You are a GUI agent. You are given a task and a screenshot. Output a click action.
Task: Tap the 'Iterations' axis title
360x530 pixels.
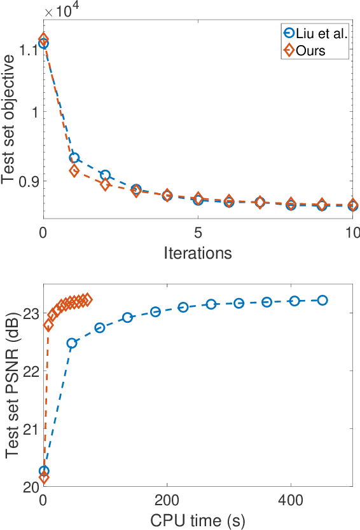pyautogui.click(x=198, y=253)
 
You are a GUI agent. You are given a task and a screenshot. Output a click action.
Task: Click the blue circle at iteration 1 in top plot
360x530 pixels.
pyautogui.click(x=74, y=158)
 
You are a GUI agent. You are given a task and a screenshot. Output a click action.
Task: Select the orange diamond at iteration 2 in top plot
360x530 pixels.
pyautogui.click(x=106, y=185)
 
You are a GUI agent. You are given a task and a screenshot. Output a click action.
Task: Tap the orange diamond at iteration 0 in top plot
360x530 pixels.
pyautogui.click(x=44, y=39)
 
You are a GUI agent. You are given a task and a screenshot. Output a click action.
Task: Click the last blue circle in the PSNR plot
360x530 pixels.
pyautogui.click(x=322, y=300)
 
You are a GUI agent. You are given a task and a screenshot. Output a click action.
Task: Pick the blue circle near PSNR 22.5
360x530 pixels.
pyautogui.click(x=72, y=343)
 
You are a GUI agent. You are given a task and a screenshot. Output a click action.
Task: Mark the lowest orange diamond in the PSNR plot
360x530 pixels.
pyautogui.click(x=44, y=478)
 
